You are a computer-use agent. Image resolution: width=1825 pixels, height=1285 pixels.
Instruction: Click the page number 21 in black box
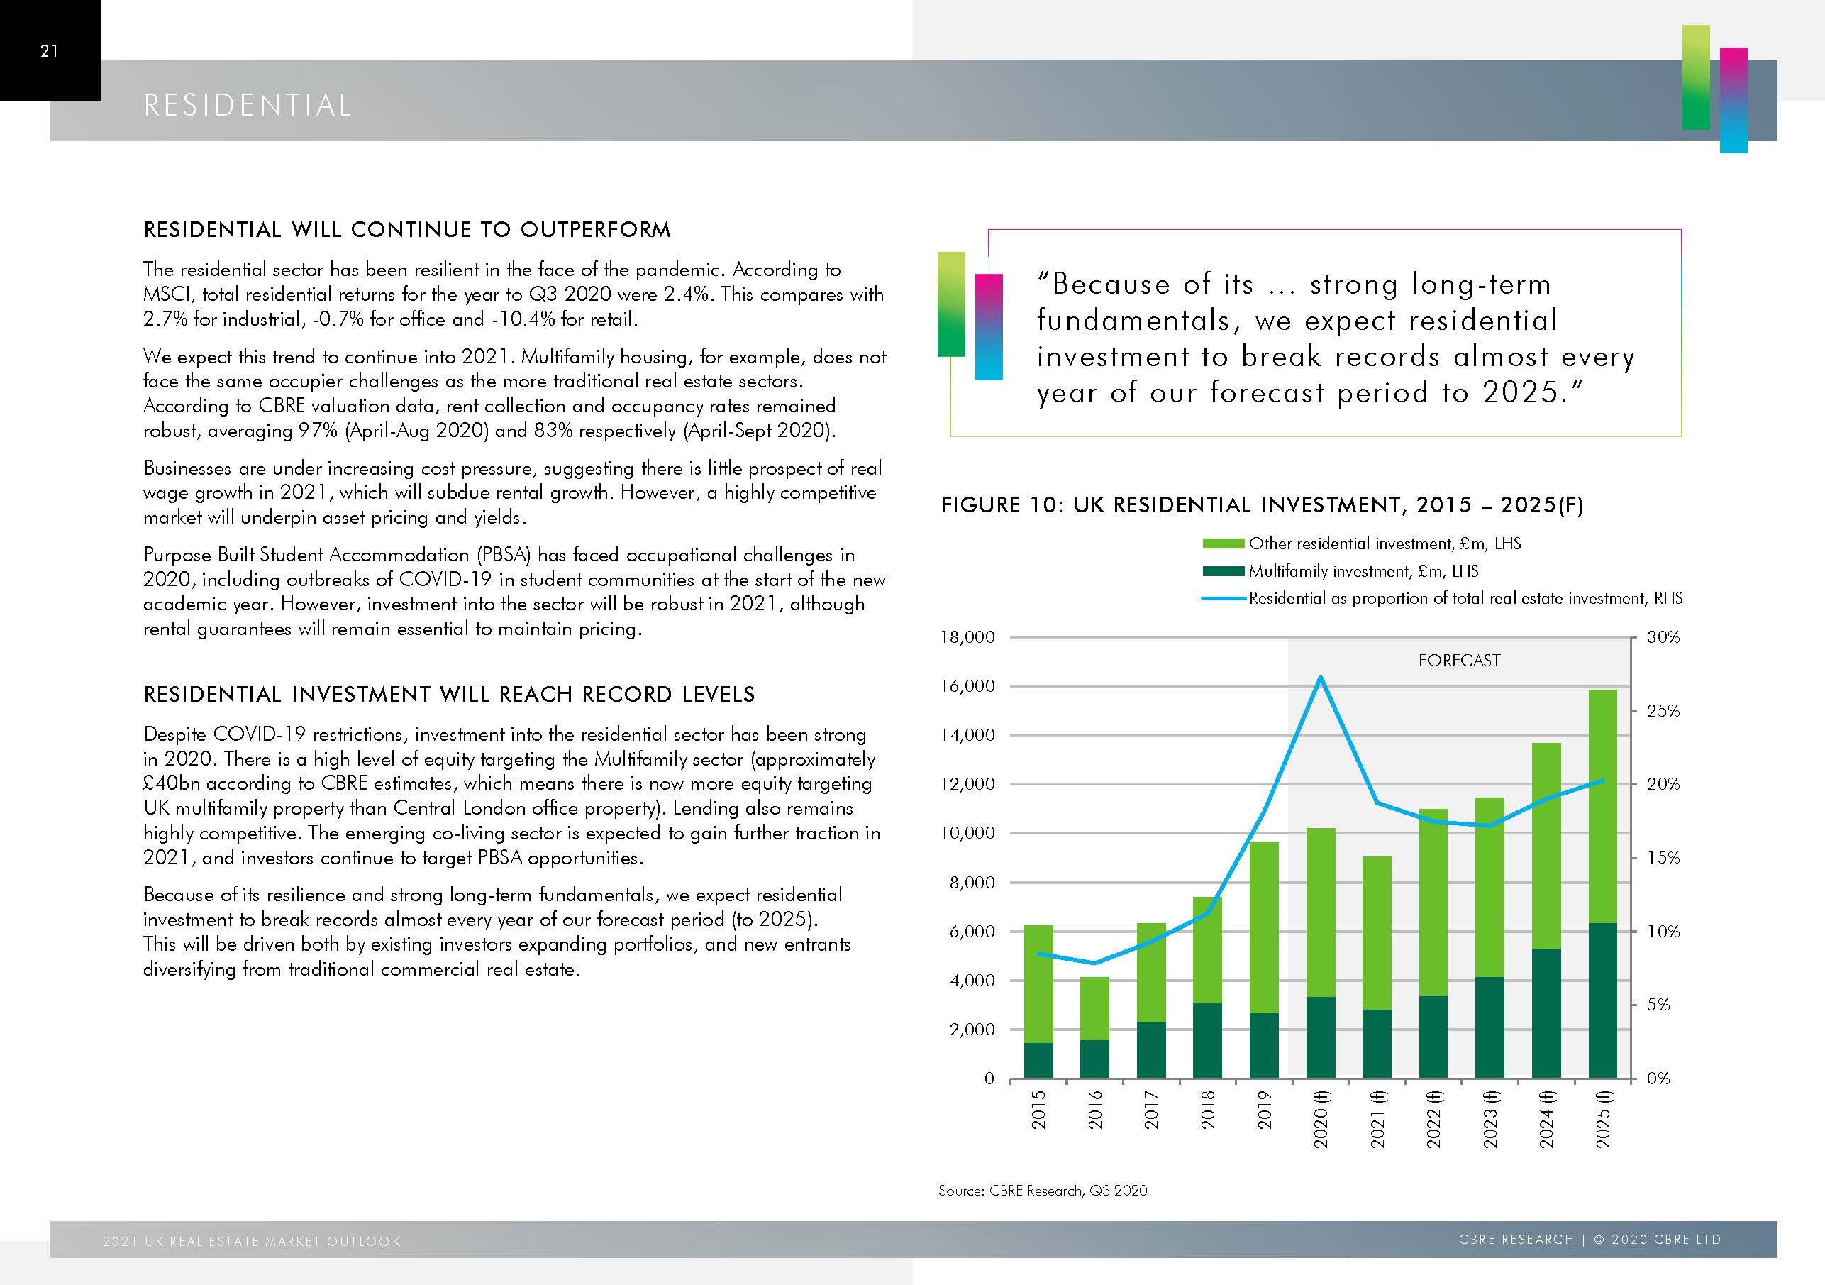49,51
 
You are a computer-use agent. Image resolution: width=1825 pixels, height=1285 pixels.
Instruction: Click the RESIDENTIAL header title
248,106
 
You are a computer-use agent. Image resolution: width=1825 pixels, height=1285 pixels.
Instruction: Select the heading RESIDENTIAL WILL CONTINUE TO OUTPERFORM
407,230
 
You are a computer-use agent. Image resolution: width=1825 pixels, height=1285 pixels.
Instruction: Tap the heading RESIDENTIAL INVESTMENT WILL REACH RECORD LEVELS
449,694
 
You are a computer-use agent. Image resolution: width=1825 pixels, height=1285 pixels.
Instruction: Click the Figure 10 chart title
1261,505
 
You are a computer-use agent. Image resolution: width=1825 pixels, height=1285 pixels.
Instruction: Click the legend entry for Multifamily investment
1363,571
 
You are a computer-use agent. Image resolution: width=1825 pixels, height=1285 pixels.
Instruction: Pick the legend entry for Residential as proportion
1465,598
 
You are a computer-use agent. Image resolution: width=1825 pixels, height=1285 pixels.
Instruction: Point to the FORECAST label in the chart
1458,660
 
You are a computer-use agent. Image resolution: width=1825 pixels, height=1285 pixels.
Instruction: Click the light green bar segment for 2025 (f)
1602,803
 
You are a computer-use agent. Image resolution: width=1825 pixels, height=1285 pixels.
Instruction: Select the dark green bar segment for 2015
1038,1060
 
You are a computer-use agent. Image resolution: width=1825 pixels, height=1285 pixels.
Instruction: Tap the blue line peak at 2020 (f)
1320,678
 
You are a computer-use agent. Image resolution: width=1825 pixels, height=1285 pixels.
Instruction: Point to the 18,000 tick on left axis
967,637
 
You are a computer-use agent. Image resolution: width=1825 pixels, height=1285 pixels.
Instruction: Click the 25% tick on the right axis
1663,711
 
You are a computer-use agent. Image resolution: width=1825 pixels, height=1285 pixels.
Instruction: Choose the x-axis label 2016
1094,1109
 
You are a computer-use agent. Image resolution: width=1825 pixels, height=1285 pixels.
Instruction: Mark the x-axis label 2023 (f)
1490,1119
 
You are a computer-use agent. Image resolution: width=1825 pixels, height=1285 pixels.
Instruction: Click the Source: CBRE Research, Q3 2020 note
1042,1191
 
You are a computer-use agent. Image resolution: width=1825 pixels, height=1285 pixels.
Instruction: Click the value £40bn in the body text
172,783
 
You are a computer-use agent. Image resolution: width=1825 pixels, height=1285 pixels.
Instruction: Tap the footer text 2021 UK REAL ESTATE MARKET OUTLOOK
252,1241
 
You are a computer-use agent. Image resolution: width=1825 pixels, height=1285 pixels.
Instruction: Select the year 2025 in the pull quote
1520,393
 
